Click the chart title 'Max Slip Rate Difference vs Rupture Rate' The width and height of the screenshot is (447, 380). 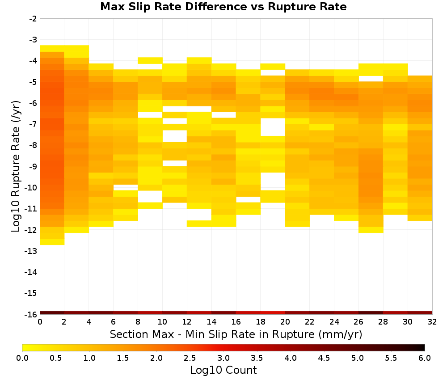coord(223,7)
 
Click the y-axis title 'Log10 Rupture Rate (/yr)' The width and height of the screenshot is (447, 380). coord(16,166)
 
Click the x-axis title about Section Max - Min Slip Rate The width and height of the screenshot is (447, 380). coord(236,334)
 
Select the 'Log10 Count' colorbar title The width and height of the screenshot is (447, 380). coord(223,370)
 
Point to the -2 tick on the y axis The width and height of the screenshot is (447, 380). coord(33,19)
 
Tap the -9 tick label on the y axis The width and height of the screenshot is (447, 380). coord(33,166)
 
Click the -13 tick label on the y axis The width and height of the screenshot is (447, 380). coord(31,251)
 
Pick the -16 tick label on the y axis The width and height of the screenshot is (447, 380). coord(31,314)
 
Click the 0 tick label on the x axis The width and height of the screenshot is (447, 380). coord(40,322)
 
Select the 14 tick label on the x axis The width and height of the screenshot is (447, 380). coord(211,322)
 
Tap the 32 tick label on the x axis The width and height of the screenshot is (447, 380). coord(432,322)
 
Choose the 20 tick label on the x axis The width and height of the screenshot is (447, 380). coord(285,322)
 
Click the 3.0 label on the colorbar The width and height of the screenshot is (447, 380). coord(223,358)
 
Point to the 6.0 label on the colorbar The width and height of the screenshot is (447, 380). coord(425,358)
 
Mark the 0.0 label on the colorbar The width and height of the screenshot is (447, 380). coord(22,358)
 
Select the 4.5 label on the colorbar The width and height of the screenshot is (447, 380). coord(324,358)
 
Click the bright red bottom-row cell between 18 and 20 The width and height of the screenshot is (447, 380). coord(273,313)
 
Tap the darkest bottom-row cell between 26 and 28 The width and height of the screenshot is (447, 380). coord(371,313)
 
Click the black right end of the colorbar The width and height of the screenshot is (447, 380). coord(423,347)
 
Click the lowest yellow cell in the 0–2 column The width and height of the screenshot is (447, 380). coord(52,242)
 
